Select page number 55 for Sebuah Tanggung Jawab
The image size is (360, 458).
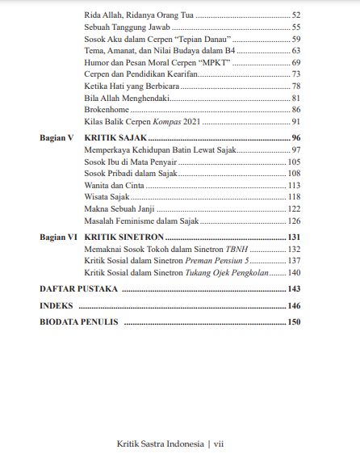pos(295,27)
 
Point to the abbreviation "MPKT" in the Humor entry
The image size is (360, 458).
pos(215,62)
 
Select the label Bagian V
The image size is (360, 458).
pos(57,138)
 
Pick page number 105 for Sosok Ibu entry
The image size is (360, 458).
pos(294,162)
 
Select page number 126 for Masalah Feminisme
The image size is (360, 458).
pos(294,221)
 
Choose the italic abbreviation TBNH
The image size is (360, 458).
pos(236,250)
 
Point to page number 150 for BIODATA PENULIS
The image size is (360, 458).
pos(293,322)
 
